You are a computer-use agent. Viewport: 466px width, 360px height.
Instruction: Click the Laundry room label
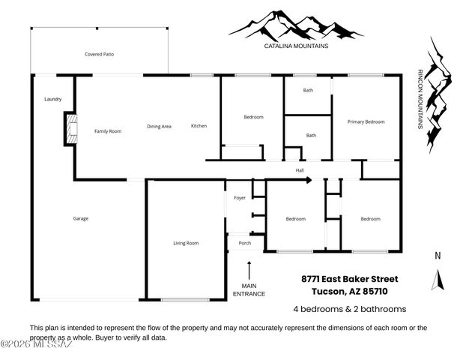click(52, 99)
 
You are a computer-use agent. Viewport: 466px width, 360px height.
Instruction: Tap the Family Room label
click(107, 131)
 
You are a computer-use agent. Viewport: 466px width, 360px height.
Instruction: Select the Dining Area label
click(159, 126)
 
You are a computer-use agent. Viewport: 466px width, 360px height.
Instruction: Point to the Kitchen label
click(199, 125)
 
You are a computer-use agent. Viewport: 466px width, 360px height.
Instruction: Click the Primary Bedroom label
click(366, 121)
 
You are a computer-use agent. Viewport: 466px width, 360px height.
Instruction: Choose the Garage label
click(80, 218)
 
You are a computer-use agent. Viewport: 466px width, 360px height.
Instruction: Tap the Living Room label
click(186, 242)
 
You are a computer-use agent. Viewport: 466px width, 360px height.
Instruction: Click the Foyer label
click(240, 198)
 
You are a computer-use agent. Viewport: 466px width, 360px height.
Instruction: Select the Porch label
click(244, 243)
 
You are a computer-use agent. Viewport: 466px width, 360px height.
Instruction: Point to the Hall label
click(300, 170)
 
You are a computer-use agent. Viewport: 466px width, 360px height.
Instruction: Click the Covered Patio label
click(99, 54)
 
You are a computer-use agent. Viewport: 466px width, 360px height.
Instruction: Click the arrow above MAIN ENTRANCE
click(249, 268)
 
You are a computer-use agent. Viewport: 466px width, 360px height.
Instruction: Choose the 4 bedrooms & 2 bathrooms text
click(349, 309)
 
